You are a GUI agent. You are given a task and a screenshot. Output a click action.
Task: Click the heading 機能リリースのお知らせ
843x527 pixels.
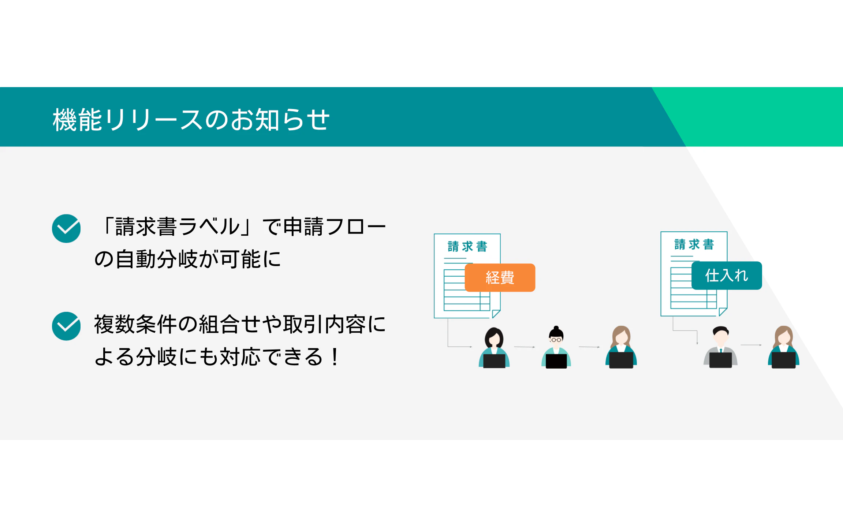pos(191,119)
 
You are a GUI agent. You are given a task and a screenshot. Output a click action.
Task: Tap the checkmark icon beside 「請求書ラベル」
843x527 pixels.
pos(66,228)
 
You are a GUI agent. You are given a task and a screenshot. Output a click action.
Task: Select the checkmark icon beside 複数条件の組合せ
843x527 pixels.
pos(66,326)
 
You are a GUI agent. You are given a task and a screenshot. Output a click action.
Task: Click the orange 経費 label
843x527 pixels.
pos(500,277)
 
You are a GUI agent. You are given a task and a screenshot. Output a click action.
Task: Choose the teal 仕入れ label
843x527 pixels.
pos(727,276)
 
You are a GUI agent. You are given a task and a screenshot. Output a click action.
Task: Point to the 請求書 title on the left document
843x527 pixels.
pos(467,246)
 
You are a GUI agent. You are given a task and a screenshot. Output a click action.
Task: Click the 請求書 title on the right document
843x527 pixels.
pos(694,244)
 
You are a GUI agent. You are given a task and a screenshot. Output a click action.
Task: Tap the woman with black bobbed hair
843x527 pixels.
pos(494,347)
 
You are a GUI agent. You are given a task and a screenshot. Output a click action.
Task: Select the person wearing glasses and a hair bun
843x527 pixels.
pos(556,347)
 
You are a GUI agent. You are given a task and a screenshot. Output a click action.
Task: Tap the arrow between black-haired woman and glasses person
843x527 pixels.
pos(525,347)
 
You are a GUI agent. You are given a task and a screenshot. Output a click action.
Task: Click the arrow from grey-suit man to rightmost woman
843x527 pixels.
pos(751,345)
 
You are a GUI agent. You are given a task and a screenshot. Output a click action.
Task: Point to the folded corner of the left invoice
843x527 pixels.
pos(496,314)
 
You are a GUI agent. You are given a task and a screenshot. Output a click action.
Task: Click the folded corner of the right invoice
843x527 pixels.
pos(723,312)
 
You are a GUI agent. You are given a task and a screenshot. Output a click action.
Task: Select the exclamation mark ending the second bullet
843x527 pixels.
pos(335,357)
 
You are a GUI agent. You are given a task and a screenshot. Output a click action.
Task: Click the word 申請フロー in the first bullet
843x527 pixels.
pos(335,227)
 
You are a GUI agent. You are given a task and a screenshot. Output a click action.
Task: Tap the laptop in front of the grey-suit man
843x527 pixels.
pos(720,360)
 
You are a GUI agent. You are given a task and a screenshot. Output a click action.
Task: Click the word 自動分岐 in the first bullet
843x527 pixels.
pos(157,259)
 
